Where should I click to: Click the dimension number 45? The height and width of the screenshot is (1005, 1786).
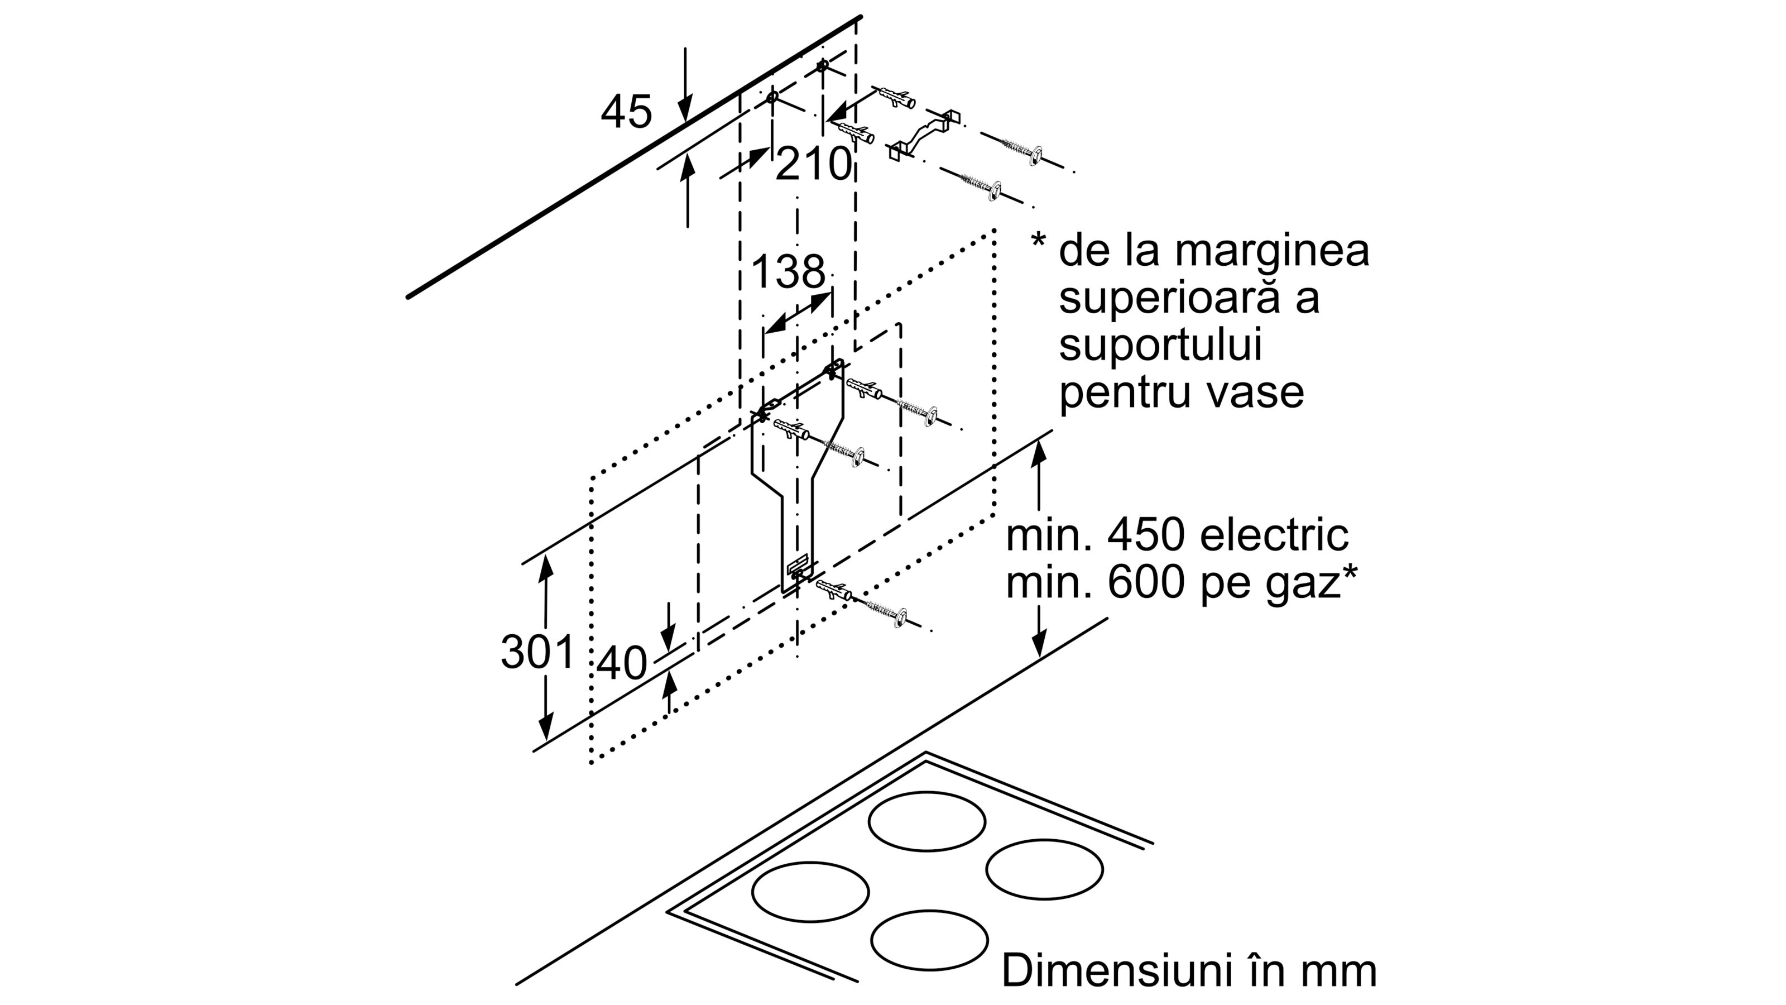(x=626, y=112)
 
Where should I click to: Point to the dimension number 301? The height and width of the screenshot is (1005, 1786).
(x=537, y=652)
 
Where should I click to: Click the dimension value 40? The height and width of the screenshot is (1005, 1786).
(x=621, y=663)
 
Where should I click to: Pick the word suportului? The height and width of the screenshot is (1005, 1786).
(x=1160, y=344)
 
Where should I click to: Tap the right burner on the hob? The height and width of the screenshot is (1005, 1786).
(x=1044, y=869)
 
